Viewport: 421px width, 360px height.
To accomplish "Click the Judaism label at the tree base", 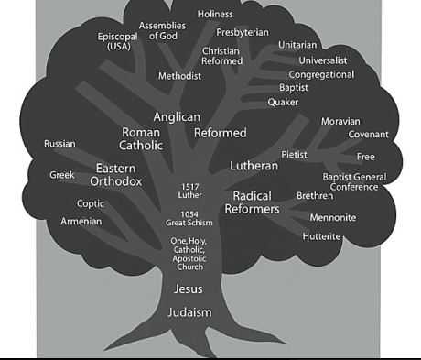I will point(189,312).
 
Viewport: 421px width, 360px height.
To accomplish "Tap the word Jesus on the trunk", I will point(189,289).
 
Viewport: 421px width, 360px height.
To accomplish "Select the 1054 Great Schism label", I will point(189,218).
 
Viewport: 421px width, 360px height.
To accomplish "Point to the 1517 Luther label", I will point(189,191).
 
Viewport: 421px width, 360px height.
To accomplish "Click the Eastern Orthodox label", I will point(116,175).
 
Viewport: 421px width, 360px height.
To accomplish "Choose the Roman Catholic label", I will point(141,139).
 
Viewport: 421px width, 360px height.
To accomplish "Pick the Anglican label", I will point(177,117).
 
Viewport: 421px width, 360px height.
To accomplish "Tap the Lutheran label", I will point(254,166).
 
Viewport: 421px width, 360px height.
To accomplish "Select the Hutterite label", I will point(321,236).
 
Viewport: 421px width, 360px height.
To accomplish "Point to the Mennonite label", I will point(333,218).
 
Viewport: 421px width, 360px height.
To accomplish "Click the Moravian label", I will point(340,121).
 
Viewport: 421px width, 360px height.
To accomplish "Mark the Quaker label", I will point(283,102).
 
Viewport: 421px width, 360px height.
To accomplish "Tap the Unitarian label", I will point(298,45).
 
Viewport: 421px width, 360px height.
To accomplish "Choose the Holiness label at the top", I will point(215,15).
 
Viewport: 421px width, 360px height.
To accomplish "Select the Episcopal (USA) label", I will point(119,41).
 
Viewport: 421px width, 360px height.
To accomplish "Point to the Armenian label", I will point(81,222).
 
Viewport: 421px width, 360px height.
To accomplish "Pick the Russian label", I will point(59,144).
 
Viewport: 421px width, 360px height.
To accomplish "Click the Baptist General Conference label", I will point(354,181).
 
